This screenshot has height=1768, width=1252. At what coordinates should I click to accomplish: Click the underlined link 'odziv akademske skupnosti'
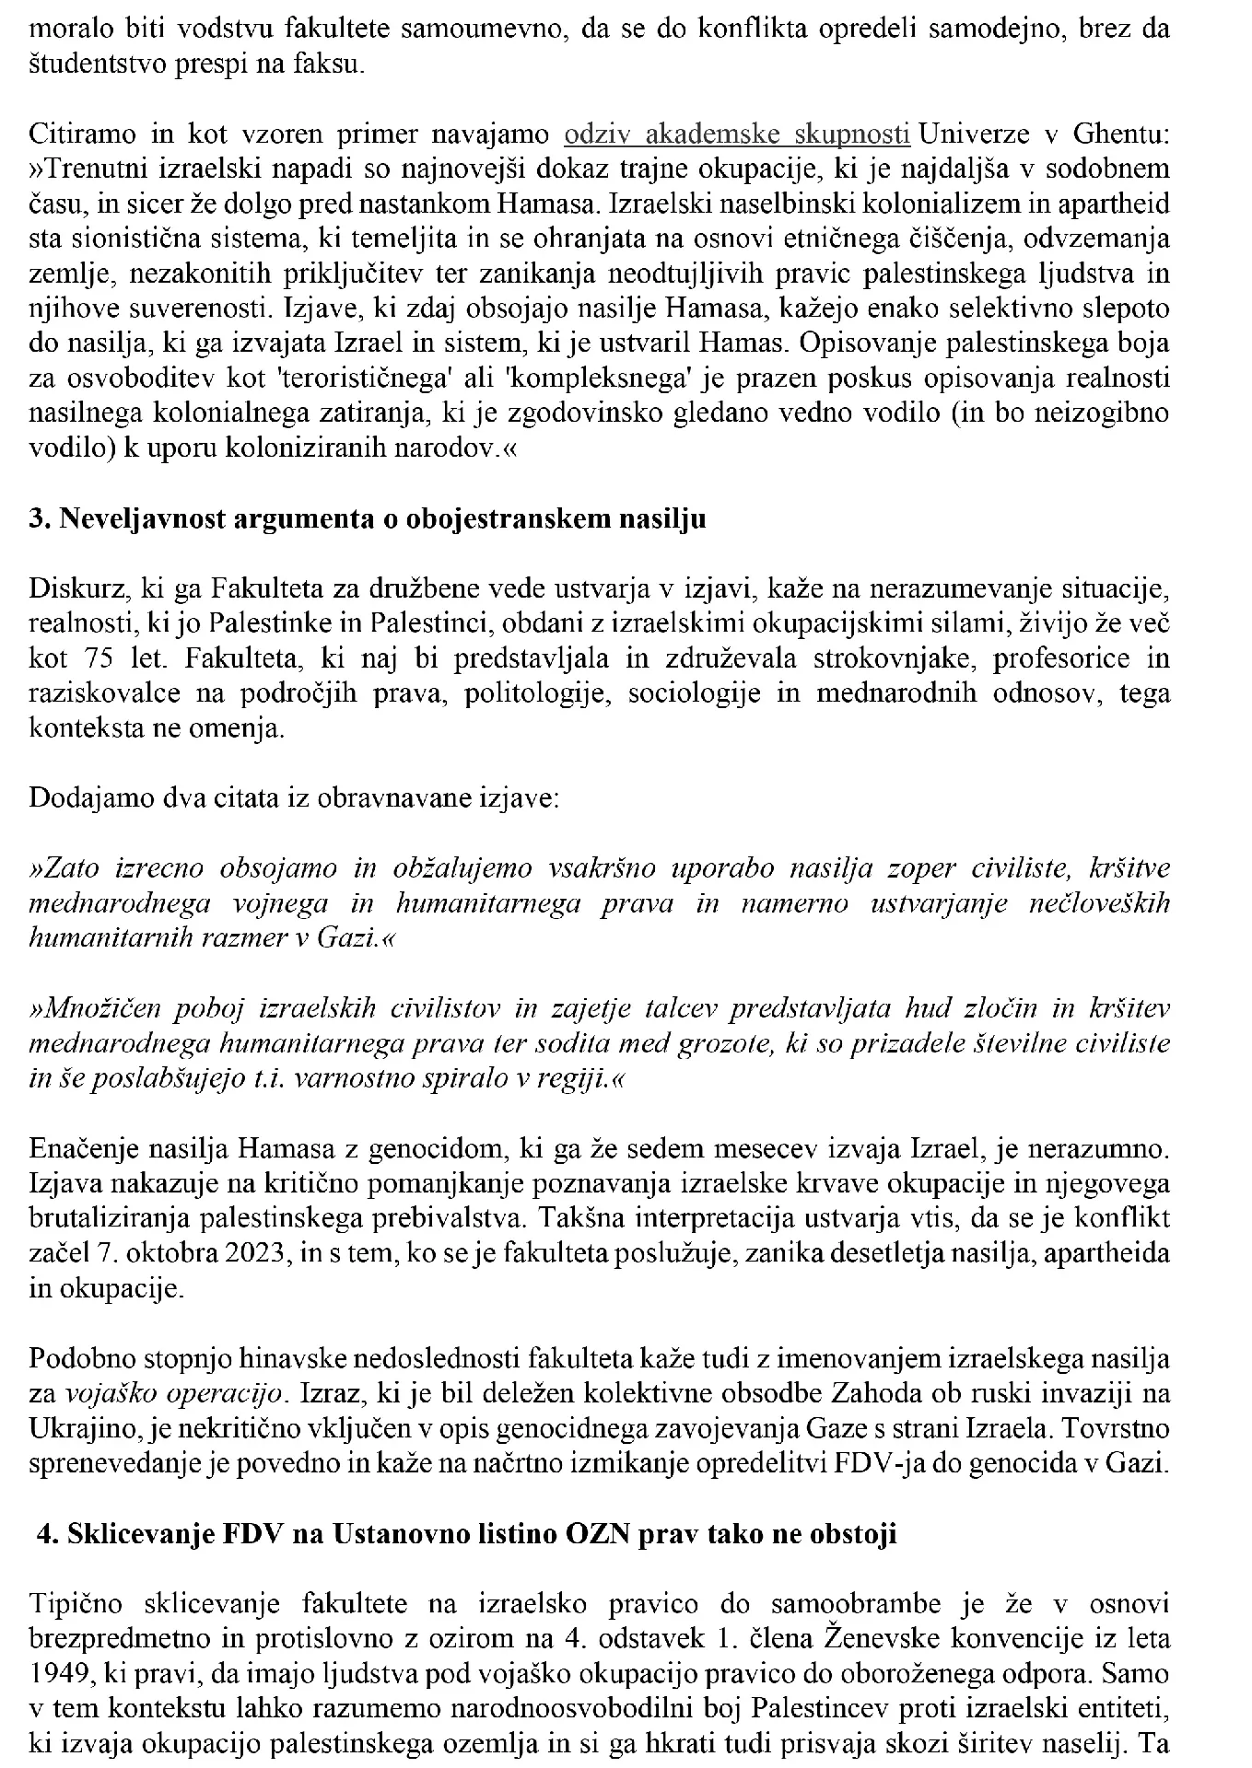737,134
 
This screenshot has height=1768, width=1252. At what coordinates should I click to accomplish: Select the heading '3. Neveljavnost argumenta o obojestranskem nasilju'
368,518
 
